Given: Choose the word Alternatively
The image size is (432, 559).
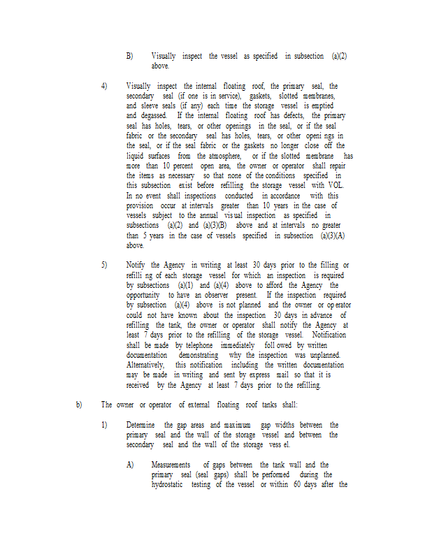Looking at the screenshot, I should pyautogui.click(x=145, y=365).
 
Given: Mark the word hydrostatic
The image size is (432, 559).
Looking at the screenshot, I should pyautogui.click(x=171, y=484).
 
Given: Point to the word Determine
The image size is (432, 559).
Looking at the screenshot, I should pyautogui.click(x=142, y=425).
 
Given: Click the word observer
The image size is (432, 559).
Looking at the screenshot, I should pyautogui.click(x=210, y=296).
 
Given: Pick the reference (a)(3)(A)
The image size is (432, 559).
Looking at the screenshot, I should pyautogui.click(x=335, y=236).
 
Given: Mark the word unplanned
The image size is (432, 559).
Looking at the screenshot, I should pyautogui.click(x=324, y=355).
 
